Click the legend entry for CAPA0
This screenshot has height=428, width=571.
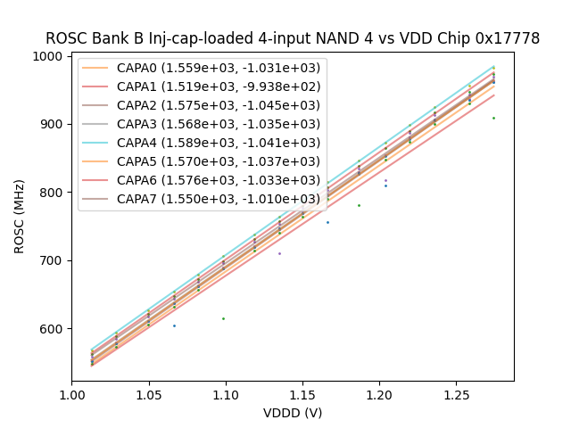(x=202, y=68)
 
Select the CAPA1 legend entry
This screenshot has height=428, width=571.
(x=202, y=86)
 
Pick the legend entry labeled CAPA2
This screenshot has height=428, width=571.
(x=202, y=105)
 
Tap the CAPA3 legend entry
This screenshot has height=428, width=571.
(x=202, y=124)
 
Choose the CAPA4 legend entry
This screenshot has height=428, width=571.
(x=202, y=143)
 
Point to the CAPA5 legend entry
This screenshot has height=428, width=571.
(x=202, y=161)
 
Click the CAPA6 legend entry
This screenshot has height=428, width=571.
(x=202, y=180)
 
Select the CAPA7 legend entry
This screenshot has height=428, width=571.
(x=202, y=199)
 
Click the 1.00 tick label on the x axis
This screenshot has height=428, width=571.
(x=71, y=394)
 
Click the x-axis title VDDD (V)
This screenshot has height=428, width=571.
(x=293, y=413)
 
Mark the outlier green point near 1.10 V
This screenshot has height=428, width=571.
(x=223, y=318)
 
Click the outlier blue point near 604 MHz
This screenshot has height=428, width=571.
(x=174, y=325)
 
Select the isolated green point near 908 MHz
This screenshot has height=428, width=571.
(x=493, y=118)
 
